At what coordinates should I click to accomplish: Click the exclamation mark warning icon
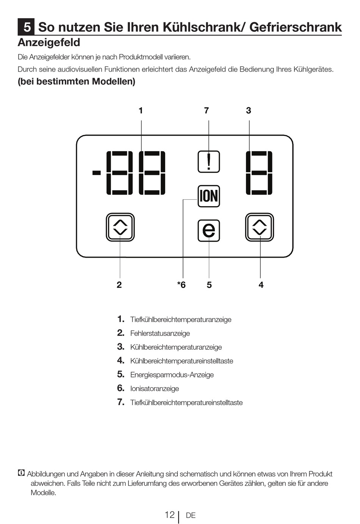click(209, 162)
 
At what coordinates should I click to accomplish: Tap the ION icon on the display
click(209, 196)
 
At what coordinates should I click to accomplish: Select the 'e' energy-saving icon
click(209, 230)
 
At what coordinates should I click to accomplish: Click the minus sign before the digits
click(97, 173)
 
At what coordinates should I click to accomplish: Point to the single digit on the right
click(259, 173)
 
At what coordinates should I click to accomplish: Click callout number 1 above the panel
click(141, 111)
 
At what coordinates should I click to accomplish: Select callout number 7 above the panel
click(207, 111)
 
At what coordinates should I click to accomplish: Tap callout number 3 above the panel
click(249, 111)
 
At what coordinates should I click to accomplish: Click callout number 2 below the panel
click(119, 285)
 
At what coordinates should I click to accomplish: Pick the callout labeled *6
click(182, 285)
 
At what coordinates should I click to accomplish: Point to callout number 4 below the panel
click(261, 285)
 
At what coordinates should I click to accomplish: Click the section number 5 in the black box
click(27, 27)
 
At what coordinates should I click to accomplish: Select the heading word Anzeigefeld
click(49, 42)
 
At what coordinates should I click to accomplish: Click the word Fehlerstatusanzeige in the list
click(160, 333)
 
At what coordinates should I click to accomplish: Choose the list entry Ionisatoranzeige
click(155, 389)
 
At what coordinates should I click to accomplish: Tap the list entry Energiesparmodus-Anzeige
click(172, 375)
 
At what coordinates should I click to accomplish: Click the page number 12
click(169, 515)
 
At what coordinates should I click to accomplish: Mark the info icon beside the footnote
click(21, 473)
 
